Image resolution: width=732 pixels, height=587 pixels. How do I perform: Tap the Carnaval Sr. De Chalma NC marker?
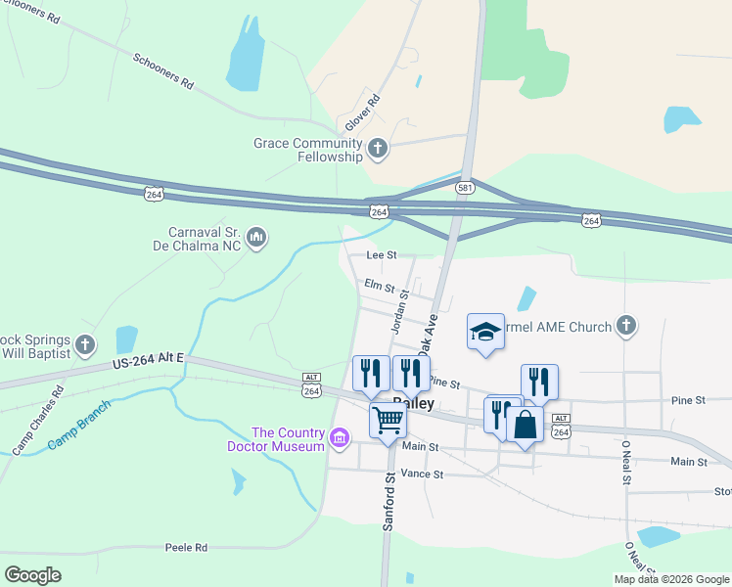(256, 237)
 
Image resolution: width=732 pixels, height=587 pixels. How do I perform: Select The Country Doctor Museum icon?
(340, 436)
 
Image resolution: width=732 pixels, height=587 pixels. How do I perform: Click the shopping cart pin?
(388, 421)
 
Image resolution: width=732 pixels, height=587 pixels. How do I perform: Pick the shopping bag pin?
(525, 425)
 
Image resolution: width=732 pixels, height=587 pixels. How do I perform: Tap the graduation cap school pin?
(485, 332)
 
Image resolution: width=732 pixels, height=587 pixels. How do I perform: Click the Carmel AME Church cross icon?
(626, 326)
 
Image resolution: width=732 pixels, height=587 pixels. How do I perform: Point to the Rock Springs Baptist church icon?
(86, 344)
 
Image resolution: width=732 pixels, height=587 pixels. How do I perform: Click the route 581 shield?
(465, 187)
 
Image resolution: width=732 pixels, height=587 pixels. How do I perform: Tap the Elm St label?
(378, 287)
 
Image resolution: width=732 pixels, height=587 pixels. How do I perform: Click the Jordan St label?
(399, 312)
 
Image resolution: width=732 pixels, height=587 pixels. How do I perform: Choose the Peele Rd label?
(186, 548)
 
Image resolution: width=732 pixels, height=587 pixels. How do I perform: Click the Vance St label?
(422, 474)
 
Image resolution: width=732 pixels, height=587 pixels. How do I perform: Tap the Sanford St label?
(389, 502)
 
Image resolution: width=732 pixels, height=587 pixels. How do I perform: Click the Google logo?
(33, 574)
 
